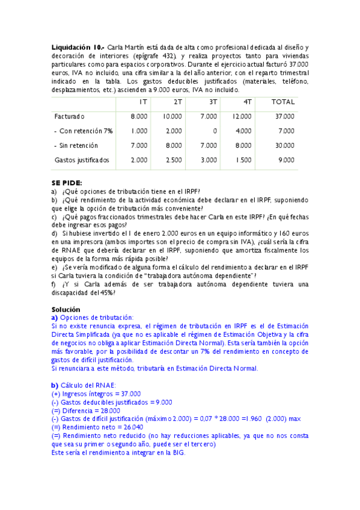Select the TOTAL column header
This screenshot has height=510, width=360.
pyautogui.click(x=283, y=102)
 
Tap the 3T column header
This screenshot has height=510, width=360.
pyautogui.click(x=213, y=102)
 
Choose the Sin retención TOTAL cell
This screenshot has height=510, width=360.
pyautogui.click(x=285, y=145)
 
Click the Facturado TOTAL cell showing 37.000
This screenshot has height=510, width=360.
pyautogui.click(x=285, y=116)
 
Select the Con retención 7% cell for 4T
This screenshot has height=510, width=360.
pyautogui.click(x=244, y=131)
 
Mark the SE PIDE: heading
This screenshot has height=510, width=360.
pyautogui.click(x=67, y=183)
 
